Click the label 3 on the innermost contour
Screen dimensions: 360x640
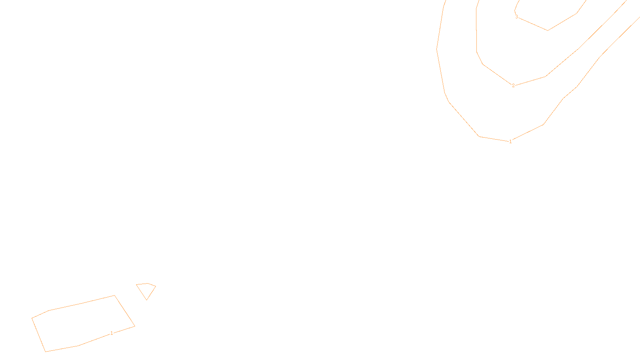(516, 17)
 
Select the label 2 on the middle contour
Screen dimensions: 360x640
(513, 86)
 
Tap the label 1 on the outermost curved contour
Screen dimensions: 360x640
(510, 142)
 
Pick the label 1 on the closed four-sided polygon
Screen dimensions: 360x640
(112, 333)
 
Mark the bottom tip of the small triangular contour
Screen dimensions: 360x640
(147, 300)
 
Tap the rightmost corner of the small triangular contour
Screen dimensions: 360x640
(156, 286)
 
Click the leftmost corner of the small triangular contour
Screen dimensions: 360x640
(136, 284)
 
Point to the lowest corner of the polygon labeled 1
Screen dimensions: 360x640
(46, 352)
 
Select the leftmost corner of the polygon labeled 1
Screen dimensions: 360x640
(32, 318)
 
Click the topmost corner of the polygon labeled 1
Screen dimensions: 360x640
(115, 296)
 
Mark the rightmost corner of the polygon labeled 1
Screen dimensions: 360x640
(135, 326)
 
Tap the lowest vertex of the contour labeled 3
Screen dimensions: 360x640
(548, 30)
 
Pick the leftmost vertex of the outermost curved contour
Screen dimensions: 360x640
(436, 49)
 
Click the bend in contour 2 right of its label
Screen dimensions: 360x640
(545, 76)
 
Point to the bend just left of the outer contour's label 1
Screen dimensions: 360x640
(479, 136)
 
